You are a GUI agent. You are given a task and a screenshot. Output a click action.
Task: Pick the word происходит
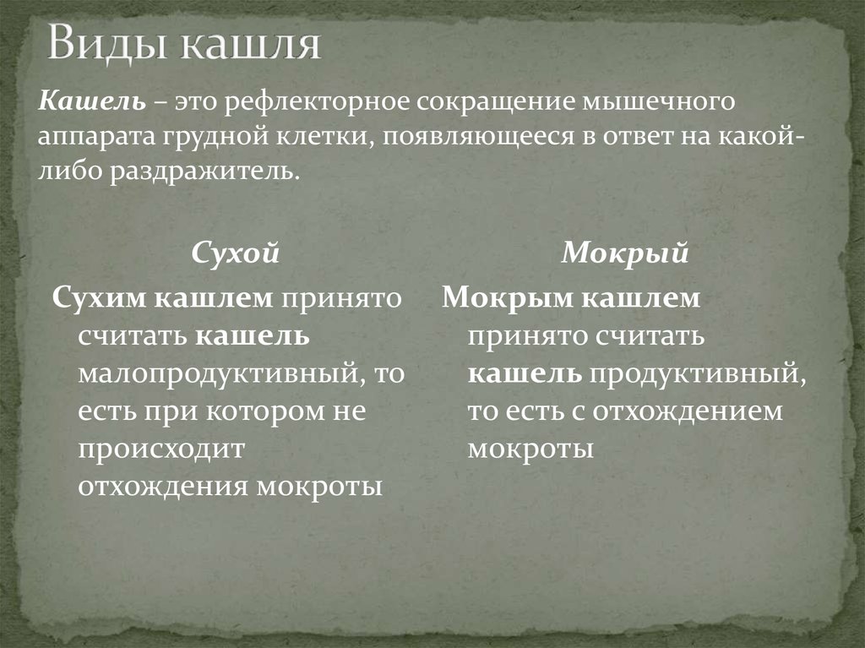(161, 449)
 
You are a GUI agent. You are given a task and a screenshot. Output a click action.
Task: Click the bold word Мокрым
(500, 297)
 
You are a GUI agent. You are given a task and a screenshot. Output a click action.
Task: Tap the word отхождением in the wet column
(685, 411)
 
